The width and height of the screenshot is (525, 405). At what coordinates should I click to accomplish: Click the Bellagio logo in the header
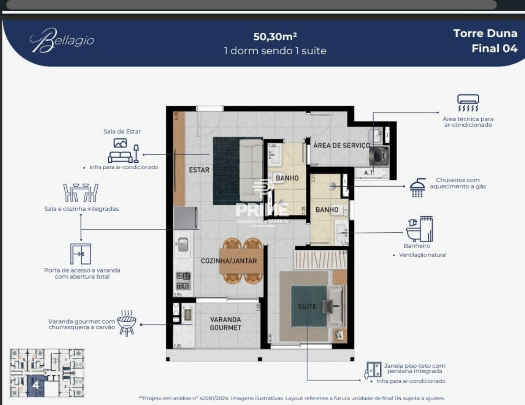coord(62,41)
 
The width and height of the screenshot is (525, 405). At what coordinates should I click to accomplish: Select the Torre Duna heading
coord(485,34)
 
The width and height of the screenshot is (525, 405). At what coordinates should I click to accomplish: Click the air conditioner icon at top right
coord(468,103)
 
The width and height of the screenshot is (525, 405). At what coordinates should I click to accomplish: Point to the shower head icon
coord(417,188)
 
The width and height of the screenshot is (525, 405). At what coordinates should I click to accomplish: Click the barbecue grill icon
coord(126,323)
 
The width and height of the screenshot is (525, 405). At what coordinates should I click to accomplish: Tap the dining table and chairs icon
coord(81,192)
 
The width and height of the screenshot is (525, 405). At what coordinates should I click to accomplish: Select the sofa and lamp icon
coord(123,151)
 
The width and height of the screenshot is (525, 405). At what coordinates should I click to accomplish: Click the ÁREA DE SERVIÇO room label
coord(341,145)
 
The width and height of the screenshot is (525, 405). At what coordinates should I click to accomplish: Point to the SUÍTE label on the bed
coord(307,307)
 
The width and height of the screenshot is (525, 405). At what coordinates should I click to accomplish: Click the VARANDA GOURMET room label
coord(225,323)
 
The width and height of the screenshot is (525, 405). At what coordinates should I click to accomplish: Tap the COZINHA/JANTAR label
coord(228,261)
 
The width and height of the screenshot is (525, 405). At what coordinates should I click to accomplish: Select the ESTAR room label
coord(199,170)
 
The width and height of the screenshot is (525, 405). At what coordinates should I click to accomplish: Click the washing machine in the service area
coord(378,155)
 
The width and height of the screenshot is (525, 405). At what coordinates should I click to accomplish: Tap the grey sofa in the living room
coord(251,170)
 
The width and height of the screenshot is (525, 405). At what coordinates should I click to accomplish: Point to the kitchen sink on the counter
coord(183,245)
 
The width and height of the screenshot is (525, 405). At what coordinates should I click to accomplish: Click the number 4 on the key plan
coord(36,385)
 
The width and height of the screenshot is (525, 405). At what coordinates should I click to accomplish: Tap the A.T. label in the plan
coord(369,173)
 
